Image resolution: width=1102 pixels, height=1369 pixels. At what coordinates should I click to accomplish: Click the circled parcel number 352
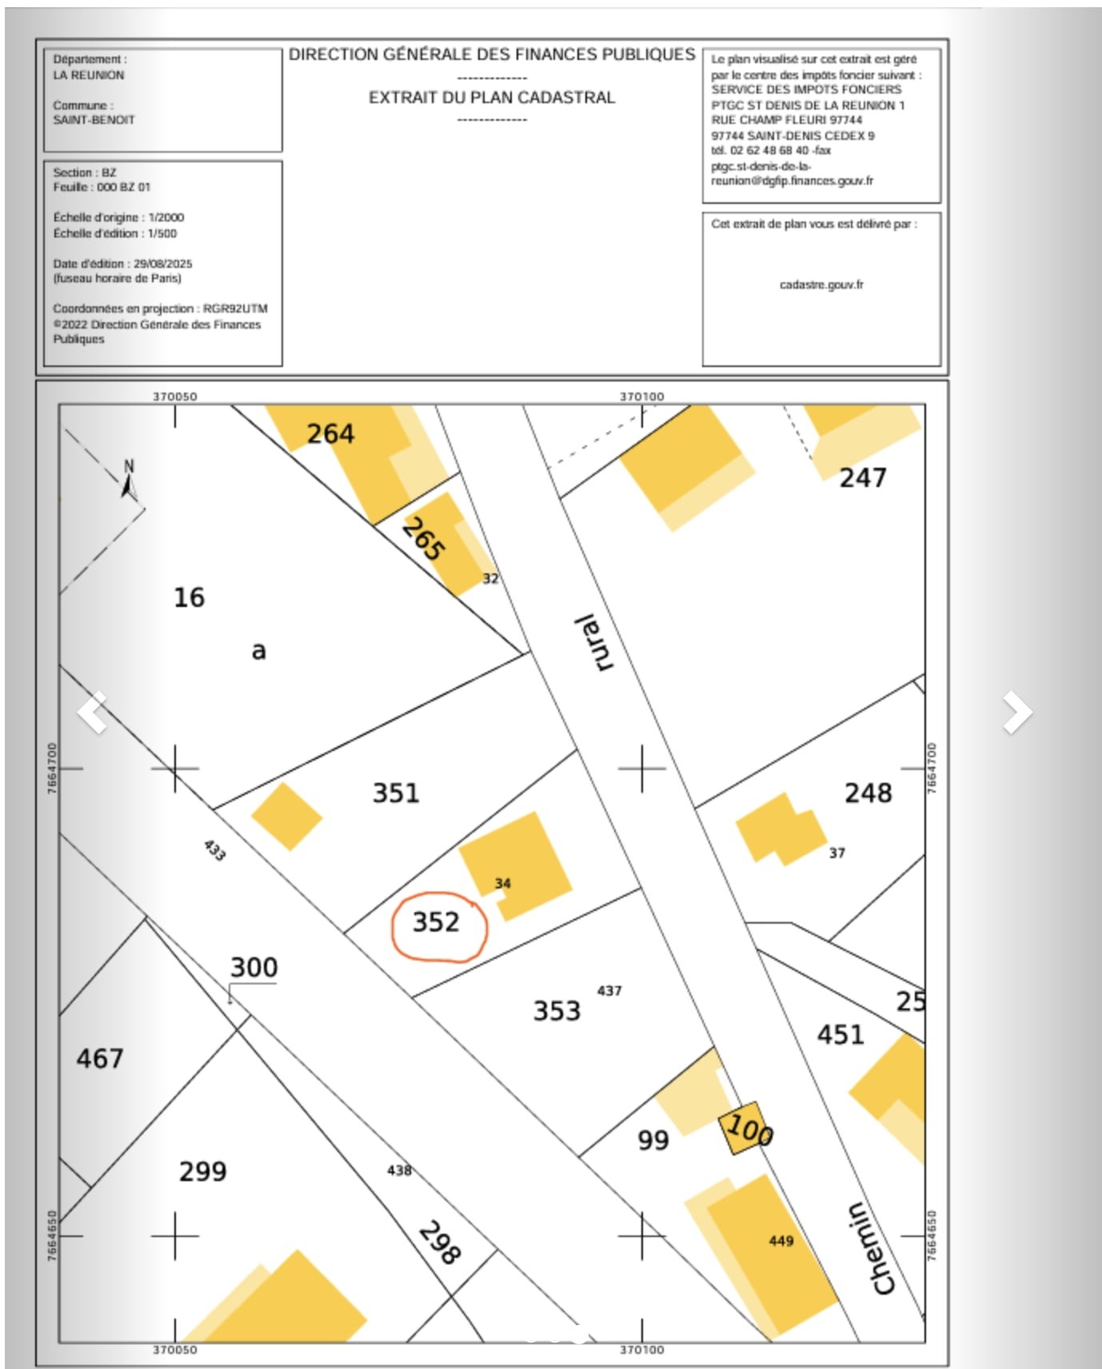437,923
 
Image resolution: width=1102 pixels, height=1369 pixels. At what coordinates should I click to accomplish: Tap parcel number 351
396,793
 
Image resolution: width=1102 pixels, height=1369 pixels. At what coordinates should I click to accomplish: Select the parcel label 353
557,1011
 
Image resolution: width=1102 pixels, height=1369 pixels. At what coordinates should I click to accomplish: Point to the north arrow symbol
130,480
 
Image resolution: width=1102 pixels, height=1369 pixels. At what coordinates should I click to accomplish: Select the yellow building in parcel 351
286,816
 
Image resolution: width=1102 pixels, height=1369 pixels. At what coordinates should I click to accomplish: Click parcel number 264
330,434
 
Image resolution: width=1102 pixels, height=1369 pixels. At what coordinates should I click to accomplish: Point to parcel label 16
190,597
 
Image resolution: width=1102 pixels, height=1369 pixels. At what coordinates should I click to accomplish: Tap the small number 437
609,991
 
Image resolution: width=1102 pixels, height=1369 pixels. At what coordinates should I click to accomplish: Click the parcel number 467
100,1059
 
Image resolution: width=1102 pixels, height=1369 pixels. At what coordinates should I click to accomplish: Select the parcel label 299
203,1171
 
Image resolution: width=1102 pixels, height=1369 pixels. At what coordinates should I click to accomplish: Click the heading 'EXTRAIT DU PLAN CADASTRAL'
492,98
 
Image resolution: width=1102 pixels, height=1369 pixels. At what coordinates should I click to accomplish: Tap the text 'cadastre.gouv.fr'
821,285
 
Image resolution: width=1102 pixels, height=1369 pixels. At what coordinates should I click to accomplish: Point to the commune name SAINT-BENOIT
94,120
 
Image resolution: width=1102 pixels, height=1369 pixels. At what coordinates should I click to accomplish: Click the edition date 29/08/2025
163,264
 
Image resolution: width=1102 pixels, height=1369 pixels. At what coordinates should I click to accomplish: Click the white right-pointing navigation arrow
1017,712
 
